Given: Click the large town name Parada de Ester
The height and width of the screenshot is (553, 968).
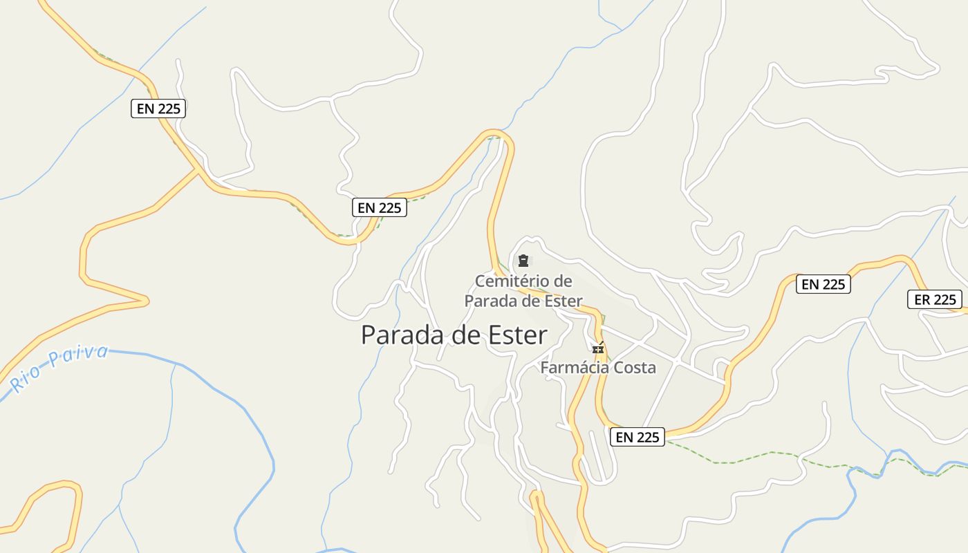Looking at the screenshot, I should [x=454, y=335].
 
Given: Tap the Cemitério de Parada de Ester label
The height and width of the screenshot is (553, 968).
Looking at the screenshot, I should [x=523, y=291].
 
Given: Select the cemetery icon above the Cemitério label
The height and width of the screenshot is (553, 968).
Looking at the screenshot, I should [x=523, y=261].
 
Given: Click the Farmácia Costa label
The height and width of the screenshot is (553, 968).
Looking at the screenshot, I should [x=597, y=367].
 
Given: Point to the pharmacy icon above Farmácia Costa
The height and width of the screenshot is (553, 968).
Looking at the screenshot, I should [x=598, y=349].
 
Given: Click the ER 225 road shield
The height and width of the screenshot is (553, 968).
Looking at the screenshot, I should [x=935, y=299].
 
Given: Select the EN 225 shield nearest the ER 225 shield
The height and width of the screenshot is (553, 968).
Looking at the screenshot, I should [x=823, y=284].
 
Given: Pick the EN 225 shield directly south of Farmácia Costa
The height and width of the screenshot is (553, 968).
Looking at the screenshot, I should [x=637, y=437].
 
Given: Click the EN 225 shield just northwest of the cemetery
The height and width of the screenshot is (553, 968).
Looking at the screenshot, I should [x=379, y=207].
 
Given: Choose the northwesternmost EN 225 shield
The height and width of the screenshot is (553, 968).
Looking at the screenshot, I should [x=158, y=109].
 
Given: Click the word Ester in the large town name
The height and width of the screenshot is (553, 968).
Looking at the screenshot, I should [x=517, y=335].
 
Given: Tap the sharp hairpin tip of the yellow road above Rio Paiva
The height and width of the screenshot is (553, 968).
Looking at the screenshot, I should [x=146, y=301].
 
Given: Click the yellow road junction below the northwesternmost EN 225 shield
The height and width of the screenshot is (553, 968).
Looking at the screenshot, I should [x=200, y=171].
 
